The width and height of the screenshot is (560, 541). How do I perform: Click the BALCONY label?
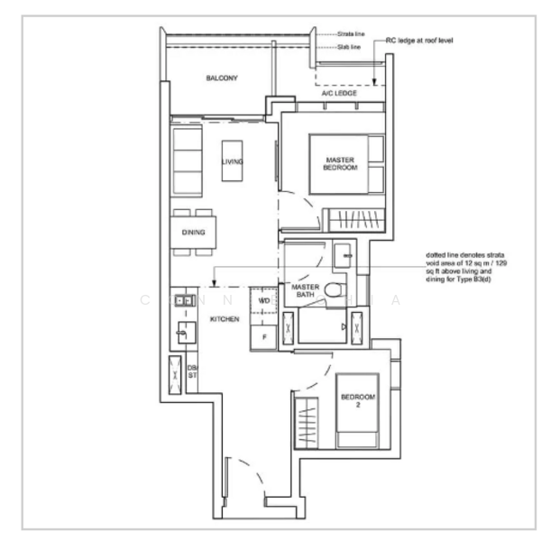221,78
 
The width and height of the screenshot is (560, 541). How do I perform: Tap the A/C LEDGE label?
340,94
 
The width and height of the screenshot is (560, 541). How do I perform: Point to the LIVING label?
234,162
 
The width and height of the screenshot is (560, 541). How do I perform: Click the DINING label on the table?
193,233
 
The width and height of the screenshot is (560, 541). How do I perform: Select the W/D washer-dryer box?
264,299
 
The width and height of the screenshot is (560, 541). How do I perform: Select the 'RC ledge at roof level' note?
422,41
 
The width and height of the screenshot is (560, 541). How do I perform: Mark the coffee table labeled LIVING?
233,163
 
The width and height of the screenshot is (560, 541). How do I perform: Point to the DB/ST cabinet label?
192,371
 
